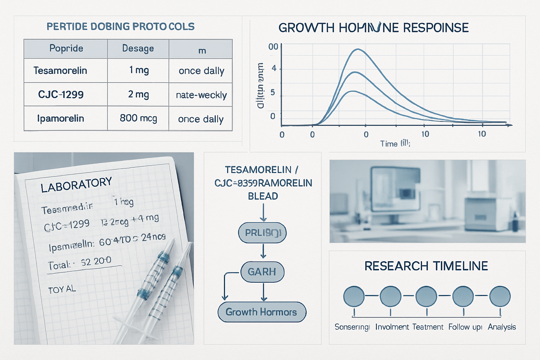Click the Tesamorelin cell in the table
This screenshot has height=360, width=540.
(60, 71)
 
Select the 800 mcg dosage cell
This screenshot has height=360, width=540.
(138, 118)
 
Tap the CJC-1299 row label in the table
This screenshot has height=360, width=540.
(61, 95)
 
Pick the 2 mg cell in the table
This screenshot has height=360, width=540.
(138, 94)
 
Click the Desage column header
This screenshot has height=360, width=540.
(138, 49)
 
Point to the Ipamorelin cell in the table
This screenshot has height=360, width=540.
(60, 118)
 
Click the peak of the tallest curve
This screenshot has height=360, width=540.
(358, 49)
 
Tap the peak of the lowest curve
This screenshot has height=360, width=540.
(353, 91)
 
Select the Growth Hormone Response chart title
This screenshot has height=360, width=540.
(373, 28)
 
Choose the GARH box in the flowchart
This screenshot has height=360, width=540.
(262, 272)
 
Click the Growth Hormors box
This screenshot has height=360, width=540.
(262, 312)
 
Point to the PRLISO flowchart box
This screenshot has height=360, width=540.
(262, 233)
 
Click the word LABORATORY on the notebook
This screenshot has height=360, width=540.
(76, 185)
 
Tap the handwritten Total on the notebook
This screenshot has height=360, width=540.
(59, 265)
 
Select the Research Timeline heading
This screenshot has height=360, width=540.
(426, 266)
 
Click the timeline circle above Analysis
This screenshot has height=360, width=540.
(500, 296)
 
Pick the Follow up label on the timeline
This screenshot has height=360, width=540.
(465, 327)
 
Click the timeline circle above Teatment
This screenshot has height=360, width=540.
(426, 296)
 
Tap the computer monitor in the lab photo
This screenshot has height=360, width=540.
(396, 192)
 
